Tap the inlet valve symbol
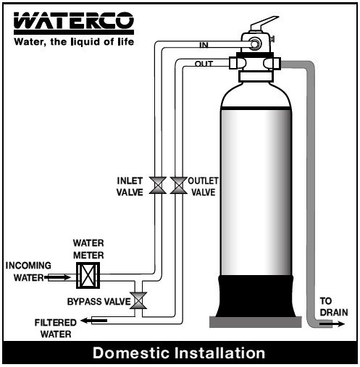pos(158,185)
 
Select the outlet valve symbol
pos(179,185)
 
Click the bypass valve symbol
pos(138,300)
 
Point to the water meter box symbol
pos(88,275)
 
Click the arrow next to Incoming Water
pos(58,277)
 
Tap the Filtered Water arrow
pos(93,321)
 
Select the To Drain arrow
pos(332,324)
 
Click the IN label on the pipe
pos(204,45)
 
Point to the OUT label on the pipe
pos(204,64)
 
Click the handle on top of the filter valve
pos(264,22)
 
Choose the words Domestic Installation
pos(179,353)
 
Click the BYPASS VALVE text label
pos(99,302)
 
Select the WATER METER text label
pos(88,249)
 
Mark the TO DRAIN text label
pos(334,307)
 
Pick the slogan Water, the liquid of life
pos(74,42)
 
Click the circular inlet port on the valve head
pos(255,44)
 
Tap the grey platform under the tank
pos(256,322)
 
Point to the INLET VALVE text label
pos(130,187)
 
